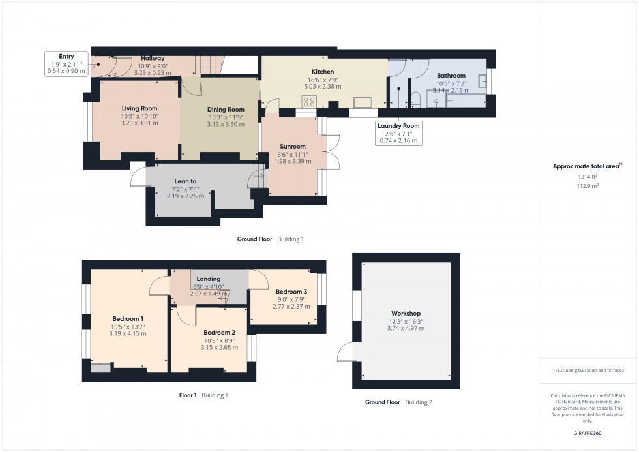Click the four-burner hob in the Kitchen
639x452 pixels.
click(x=309, y=101)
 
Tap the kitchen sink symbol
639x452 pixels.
click(x=362, y=101)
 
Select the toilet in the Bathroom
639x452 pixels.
click(x=415, y=99)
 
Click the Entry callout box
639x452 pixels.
click(x=67, y=64)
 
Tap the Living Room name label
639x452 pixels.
click(x=140, y=108)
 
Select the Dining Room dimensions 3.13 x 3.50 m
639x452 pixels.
click(x=226, y=123)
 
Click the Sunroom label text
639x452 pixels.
click(x=293, y=147)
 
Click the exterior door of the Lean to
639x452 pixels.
click(x=138, y=177)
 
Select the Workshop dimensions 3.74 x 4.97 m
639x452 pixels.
click(x=406, y=328)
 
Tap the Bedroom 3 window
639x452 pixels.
click(x=321, y=289)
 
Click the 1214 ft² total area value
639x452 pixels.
click(x=588, y=176)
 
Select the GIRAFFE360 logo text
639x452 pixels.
click(x=587, y=432)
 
